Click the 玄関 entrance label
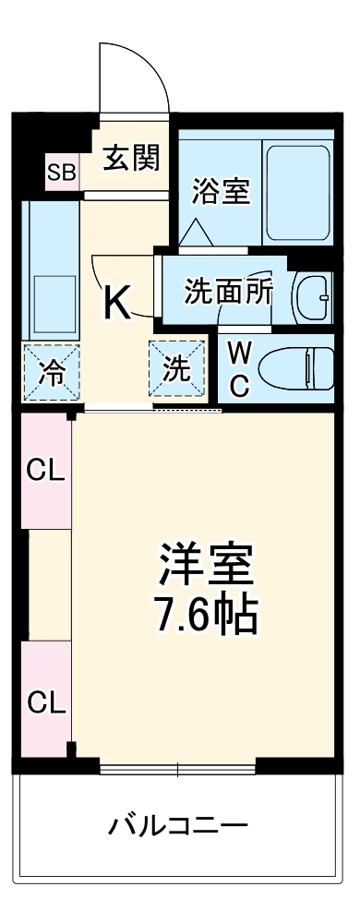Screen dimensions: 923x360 point(131,158)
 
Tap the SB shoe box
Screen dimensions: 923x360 point(63,172)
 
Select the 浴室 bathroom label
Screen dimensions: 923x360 point(220,191)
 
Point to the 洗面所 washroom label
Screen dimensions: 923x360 point(228,293)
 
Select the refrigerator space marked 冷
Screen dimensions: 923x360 point(52,371)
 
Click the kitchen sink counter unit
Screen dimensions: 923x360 point(51,268)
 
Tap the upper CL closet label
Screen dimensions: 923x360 point(44,471)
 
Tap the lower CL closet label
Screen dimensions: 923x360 point(44,702)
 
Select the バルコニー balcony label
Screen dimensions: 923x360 point(179,823)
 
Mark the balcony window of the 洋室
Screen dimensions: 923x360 point(177,767)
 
